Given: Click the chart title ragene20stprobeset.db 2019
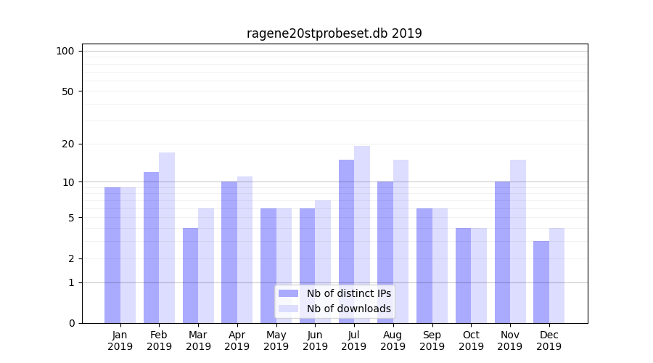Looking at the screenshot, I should point(334,33).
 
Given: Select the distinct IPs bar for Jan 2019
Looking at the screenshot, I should point(112,255).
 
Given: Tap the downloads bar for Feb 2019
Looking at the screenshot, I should point(167,237).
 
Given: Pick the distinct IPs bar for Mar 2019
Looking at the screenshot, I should point(190,275).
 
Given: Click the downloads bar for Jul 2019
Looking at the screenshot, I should point(362,234).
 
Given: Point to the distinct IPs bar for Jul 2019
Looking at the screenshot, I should point(346,241).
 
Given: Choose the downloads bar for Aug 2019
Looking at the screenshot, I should point(401,241).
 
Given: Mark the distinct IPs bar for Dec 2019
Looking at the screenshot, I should point(541,282).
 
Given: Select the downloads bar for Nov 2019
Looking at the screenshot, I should point(518,241).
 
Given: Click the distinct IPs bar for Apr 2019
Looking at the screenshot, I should point(229,252).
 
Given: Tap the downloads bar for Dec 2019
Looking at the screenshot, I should point(557,275).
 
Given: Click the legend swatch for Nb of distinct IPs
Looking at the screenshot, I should point(288,293).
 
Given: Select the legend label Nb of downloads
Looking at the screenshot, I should point(349,309).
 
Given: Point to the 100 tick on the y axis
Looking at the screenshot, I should point(65,51).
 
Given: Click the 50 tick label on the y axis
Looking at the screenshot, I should point(68,91).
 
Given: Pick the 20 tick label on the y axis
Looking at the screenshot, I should point(68,144).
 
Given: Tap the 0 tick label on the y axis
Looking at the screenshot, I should point(71,323).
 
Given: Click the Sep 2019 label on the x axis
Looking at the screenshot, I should point(432,340).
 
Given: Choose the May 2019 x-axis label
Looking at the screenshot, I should point(276,340).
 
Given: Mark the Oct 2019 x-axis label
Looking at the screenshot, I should point(471,340).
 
